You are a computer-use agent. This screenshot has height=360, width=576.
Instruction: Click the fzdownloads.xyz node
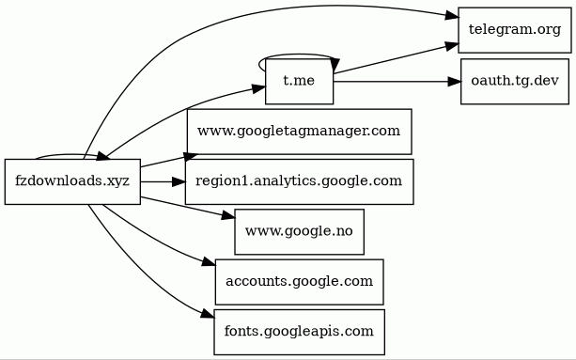click(x=72, y=181)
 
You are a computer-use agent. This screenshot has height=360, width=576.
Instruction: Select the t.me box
click(x=299, y=81)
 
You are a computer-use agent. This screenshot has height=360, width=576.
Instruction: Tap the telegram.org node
click(x=514, y=30)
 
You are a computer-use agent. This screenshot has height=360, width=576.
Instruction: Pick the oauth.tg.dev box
click(x=515, y=81)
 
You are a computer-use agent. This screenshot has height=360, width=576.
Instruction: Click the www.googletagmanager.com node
click(x=299, y=132)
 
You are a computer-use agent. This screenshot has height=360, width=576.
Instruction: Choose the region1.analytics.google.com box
click(x=299, y=181)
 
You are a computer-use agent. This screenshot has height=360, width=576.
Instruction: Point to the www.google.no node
click(x=299, y=232)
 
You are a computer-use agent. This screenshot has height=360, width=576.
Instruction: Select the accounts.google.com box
click(x=299, y=282)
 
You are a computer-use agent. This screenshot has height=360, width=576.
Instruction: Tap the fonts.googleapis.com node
click(x=299, y=332)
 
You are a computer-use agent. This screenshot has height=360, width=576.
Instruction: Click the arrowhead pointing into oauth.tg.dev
click(x=455, y=82)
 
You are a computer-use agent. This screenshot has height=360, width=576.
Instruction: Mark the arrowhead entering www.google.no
click(x=228, y=216)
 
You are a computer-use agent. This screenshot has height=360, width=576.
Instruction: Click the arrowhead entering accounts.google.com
click(x=209, y=262)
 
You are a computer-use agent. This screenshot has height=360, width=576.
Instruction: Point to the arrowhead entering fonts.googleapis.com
click(x=208, y=314)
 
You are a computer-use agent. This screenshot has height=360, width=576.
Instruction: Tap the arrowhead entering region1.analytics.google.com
click(x=179, y=181)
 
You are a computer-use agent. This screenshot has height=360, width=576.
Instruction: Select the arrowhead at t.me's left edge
click(x=259, y=88)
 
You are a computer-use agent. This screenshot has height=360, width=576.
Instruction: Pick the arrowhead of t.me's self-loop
click(x=335, y=65)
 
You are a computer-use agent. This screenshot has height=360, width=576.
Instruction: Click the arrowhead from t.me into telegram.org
click(x=452, y=46)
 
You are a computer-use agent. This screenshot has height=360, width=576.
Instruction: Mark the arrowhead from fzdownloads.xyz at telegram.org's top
click(x=452, y=15)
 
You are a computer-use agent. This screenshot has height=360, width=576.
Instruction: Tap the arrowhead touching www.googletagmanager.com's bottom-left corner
click(x=191, y=157)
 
